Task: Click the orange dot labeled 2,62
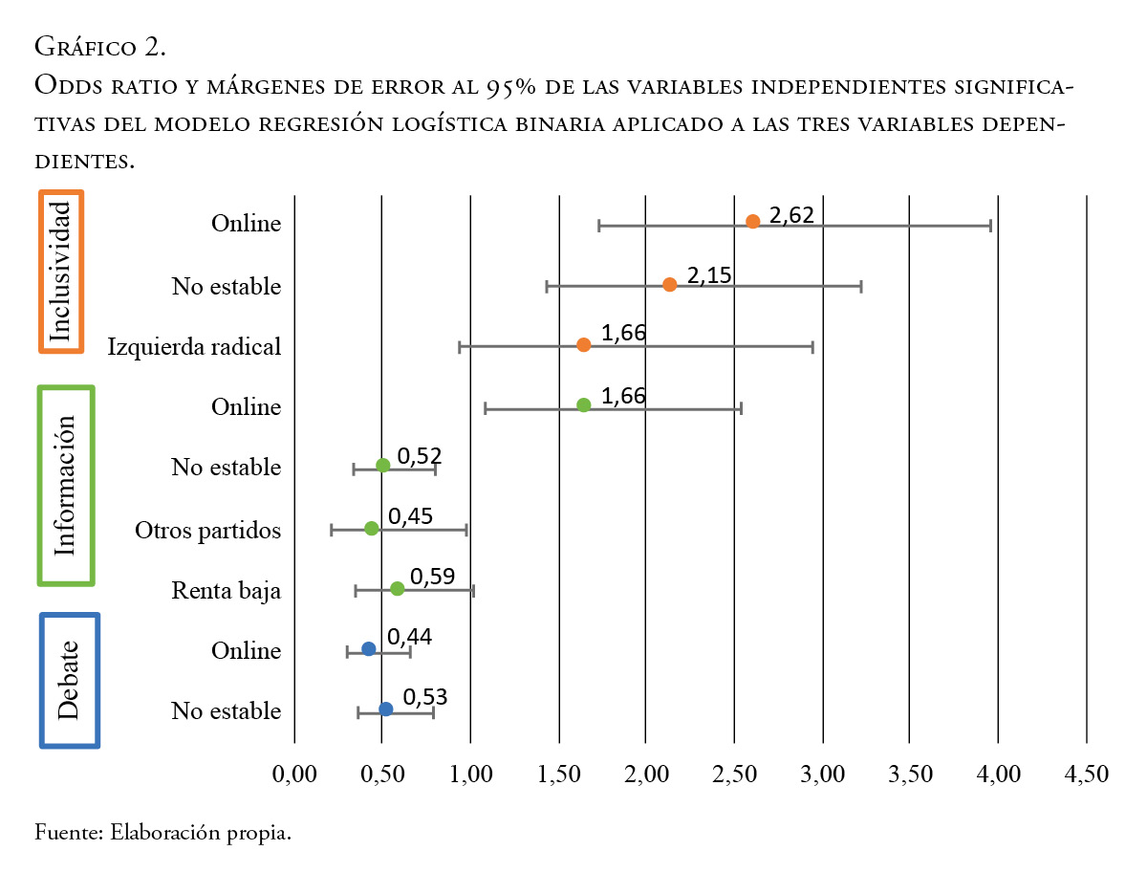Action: [753, 222]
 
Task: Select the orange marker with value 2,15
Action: [669, 285]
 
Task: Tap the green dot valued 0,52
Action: [383, 466]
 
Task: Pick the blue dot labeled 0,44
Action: [369, 649]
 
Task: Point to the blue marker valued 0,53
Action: [385, 709]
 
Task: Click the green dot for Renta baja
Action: [398, 589]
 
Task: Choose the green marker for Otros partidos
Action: [372, 528]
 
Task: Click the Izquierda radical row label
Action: [194, 346]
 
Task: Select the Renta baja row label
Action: [227, 591]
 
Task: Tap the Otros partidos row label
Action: [207, 530]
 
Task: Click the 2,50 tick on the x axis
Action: [734, 774]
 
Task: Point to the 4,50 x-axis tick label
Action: [1086, 774]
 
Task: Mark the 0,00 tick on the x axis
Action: [294, 774]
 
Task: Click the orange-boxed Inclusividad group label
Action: [61, 272]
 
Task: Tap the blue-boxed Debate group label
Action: [69, 680]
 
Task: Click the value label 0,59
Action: [432, 577]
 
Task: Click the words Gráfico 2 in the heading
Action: [100, 45]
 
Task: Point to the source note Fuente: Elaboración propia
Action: [162, 832]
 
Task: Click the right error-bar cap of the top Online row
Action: [990, 226]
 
